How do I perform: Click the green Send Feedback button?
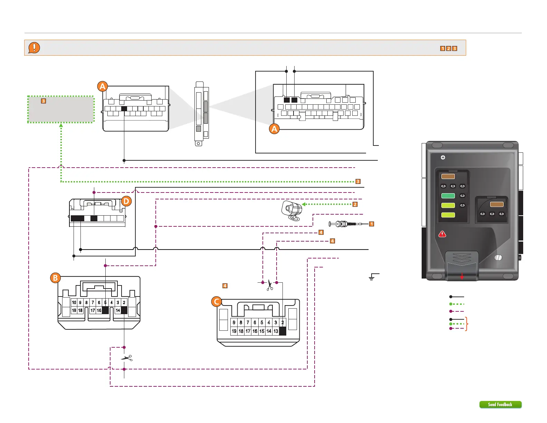(x=500, y=404)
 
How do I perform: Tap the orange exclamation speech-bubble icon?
(x=34, y=48)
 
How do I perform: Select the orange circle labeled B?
(x=55, y=278)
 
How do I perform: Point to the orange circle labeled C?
(x=217, y=302)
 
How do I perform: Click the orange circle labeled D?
(x=126, y=201)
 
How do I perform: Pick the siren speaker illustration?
(x=292, y=210)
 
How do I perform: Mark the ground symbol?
(x=372, y=277)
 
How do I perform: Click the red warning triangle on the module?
(x=442, y=234)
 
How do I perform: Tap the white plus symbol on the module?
(x=443, y=158)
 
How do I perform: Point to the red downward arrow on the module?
(x=462, y=276)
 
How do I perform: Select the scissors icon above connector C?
(x=270, y=285)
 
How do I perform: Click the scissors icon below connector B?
(x=127, y=358)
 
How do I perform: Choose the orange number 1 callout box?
(x=372, y=224)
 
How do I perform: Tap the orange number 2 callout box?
(x=355, y=204)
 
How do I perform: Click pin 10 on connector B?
(x=74, y=302)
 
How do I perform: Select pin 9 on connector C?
(x=234, y=322)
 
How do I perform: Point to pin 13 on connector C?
(x=276, y=331)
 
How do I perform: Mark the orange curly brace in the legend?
(x=467, y=324)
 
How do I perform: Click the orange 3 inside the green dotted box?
(x=44, y=101)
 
